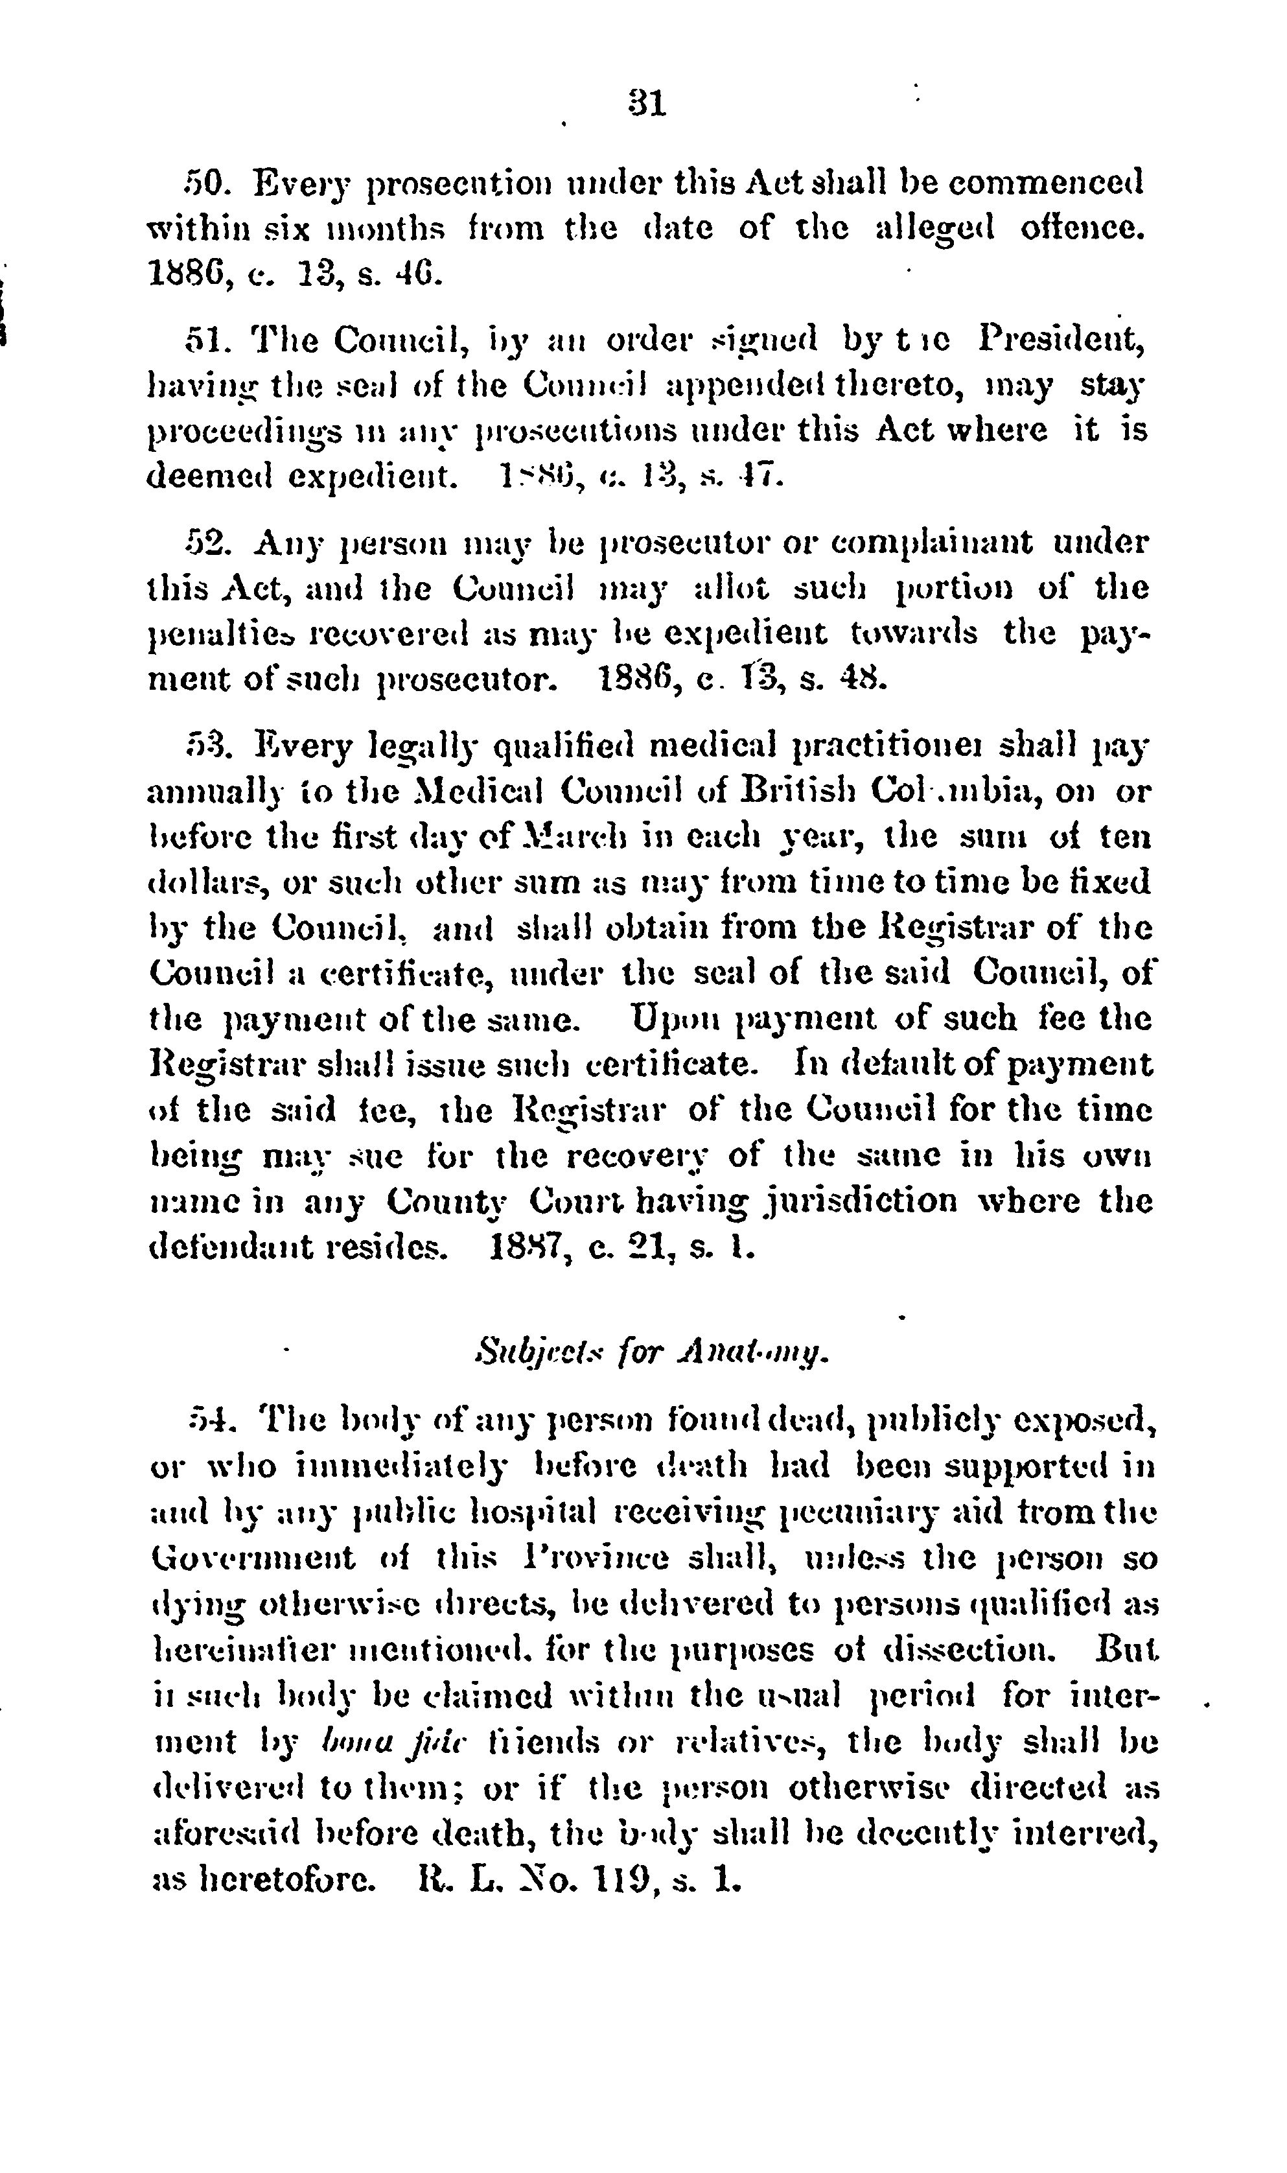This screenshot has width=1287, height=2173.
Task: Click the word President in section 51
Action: (x=1061, y=338)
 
